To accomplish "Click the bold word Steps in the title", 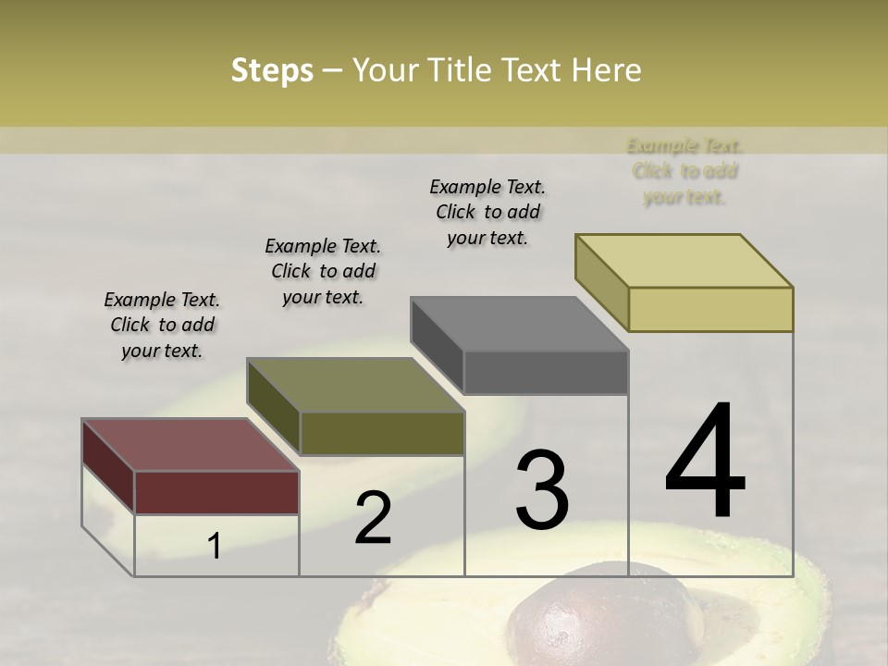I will pos(272,70).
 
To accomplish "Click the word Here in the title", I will pos(606,70).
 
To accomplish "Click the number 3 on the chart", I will pos(541,489).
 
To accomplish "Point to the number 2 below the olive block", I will pos(373,518).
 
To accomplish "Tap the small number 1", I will pos(215,547).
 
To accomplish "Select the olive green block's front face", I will pos(382,433).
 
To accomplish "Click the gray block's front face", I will pos(546,372).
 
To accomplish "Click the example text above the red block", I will pos(162,325).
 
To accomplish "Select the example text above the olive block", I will pos(323,271).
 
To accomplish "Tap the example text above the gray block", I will pos(487,212).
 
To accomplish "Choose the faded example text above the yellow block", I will pos(684,171).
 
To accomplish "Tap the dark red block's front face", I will pos(216,492).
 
